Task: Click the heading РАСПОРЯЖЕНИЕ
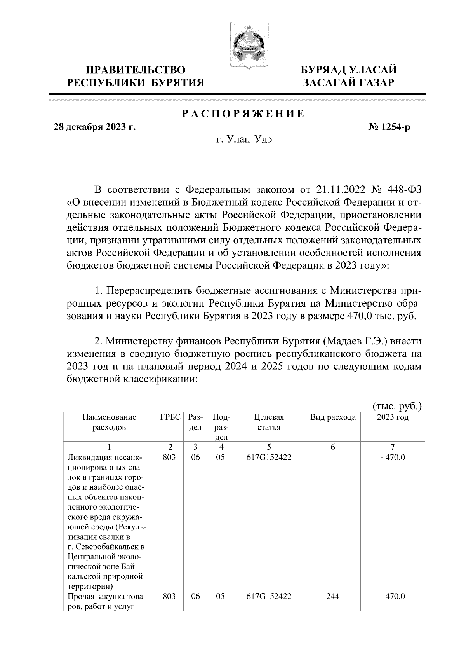tap(243, 114)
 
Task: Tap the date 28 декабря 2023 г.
tap(94, 127)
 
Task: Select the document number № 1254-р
tap(389, 127)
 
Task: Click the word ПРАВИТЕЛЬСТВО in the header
tap(136, 70)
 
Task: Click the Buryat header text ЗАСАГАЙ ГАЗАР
tap(349, 82)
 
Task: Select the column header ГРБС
tap(170, 417)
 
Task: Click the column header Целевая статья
tap(269, 422)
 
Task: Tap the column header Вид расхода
tap(333, 417)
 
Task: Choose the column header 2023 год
tap(393, 417)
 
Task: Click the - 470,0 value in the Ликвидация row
tap(393, 457)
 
